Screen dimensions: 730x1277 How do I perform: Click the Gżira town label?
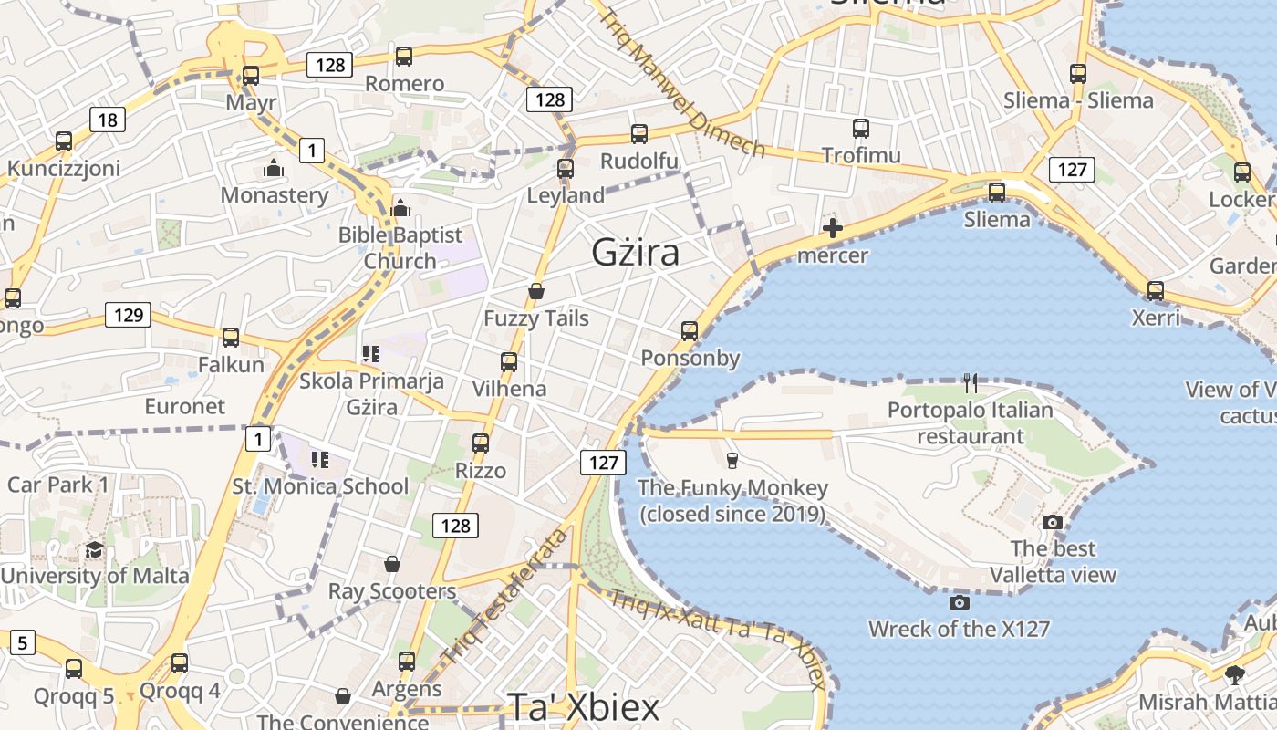coord(635,252)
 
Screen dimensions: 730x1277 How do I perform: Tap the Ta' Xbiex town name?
coord(583,708)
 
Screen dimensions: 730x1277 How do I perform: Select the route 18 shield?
coord(108,120)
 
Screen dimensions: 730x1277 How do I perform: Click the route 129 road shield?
coord(129,316)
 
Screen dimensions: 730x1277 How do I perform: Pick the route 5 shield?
coord(22,643)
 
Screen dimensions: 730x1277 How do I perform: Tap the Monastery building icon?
coord(273,168)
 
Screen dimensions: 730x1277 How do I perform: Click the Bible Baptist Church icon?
coord(400,208)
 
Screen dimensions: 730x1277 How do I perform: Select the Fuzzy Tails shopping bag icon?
coord(536,291)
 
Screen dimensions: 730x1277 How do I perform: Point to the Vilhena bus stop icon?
coord(509,362)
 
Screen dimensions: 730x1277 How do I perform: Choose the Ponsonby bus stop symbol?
coord(690,330)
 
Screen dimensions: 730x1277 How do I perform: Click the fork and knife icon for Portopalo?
coord(970,383)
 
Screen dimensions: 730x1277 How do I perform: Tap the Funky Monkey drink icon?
coord(732,461)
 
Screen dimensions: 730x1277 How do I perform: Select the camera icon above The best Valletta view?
coord(1053,522)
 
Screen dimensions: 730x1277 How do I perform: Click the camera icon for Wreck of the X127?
coord(959,602)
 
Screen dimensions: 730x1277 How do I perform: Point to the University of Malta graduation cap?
coord(94,549)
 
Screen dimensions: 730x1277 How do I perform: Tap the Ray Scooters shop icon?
coord(392,564)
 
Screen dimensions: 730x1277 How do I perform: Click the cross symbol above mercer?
coord(832,228)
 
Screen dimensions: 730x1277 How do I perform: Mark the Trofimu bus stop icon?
coord(861,129)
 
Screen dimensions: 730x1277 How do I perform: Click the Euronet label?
coord(184,406)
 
